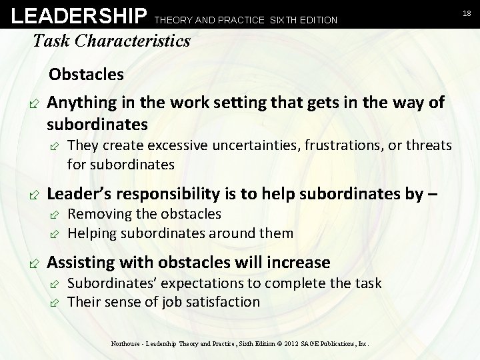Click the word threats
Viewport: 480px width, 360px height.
coord(428,145)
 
